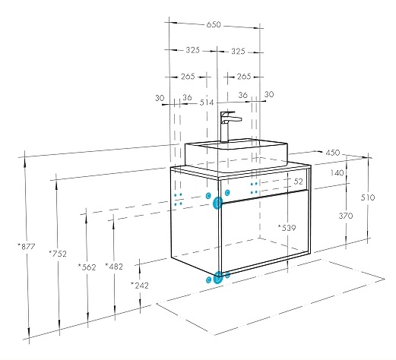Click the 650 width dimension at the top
[x=214, y=24]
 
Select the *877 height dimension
[x=27, y=246]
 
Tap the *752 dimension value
[x=58, y=254]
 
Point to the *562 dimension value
[x=87, y=267]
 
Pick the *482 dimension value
[x=114, y=267]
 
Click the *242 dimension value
[x=140, y=286]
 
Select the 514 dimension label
[x=207, y=103]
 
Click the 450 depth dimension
[x=333, y=153]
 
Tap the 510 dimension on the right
[x=368, y=197]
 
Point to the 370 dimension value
[x=346, y=216]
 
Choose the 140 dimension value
[x=337, y=173]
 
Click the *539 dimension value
[x=287, y=228]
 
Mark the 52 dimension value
[x=299, y=182]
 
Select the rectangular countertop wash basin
[x=236, y=154]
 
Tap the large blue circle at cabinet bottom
[x=218, y=278]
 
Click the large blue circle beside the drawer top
[x=217, y=203]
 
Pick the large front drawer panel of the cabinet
[x=265, y=231]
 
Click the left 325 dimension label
[x=193, y=50]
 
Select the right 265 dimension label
[x=244, y=76]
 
